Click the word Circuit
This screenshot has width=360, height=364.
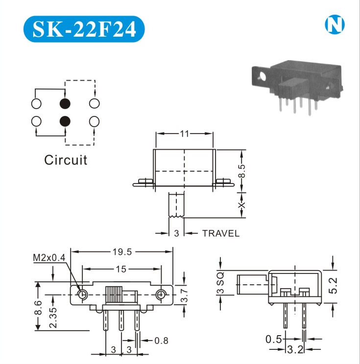coord(66,160)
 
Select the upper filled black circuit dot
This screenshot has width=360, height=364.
coord(65,103)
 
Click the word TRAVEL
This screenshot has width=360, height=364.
coord(221,233)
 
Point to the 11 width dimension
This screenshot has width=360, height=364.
coord(184,133)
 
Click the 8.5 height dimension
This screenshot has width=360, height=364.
coord(242,172)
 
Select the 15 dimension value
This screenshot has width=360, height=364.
coord(122,269)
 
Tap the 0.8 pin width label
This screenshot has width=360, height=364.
coord(162,340)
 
